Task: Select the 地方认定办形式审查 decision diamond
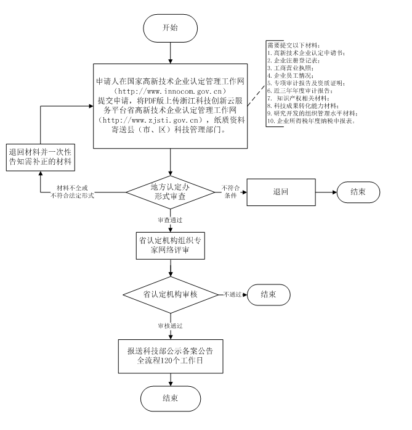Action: click(171, 191)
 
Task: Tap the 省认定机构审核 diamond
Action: click(170, 294)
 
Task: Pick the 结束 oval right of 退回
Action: click(358, 191)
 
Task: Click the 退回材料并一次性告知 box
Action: click(41, 157)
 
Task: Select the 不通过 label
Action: click(232, 294)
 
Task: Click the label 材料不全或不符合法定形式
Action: click(72, 191)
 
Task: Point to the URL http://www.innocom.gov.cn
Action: click(170, 90)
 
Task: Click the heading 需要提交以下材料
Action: click(293, 45)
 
